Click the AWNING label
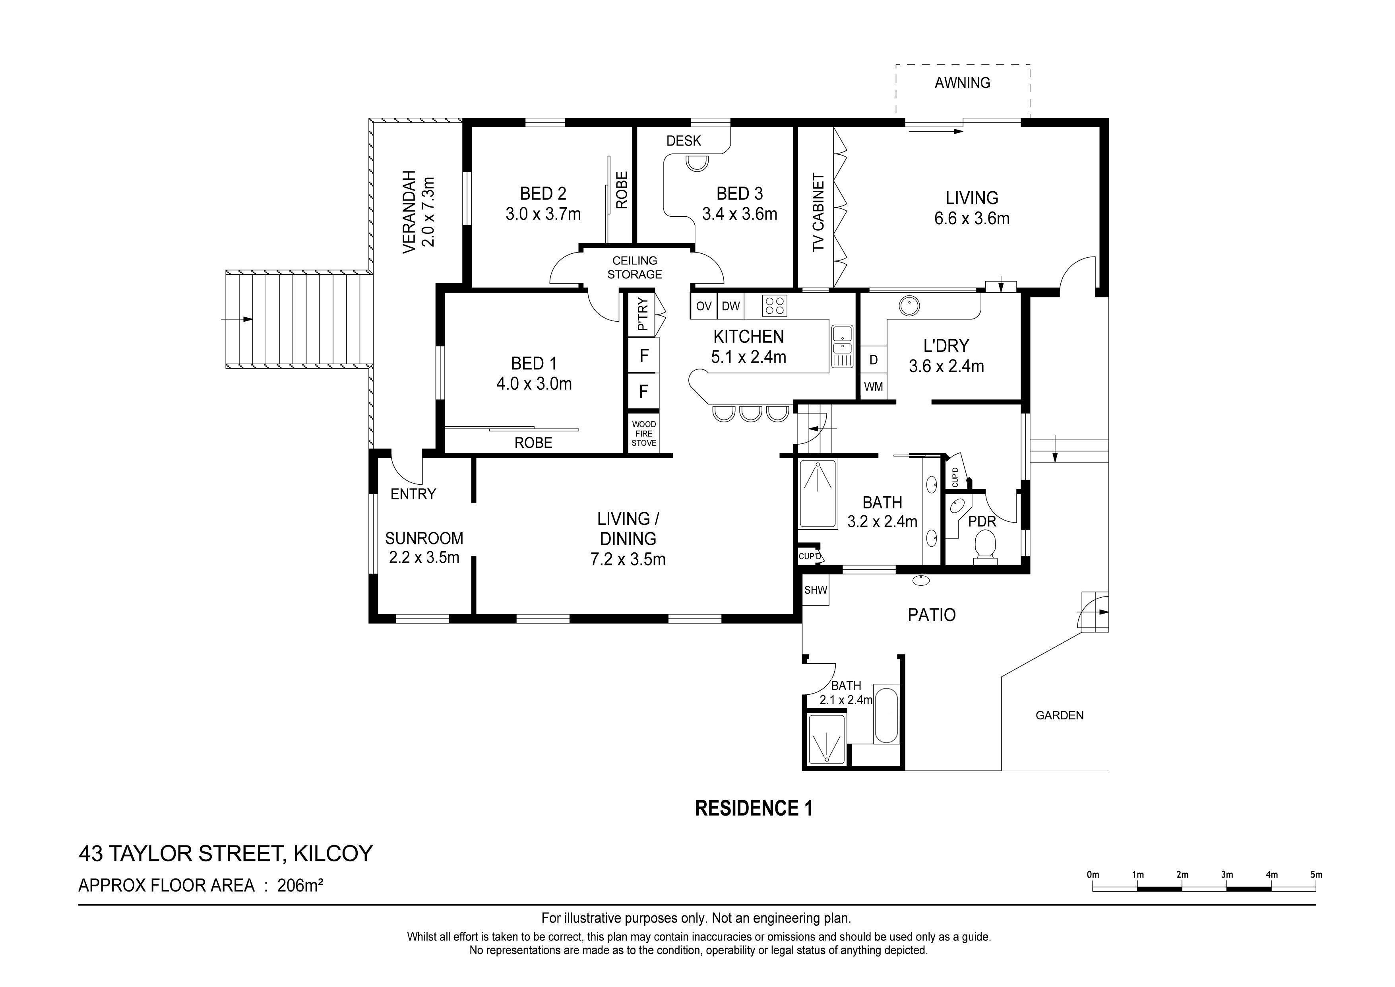(963, 83)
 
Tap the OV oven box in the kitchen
(703, 306)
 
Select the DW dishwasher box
(730, 306)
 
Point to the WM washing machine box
(873, 387)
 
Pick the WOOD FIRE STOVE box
(643, 434)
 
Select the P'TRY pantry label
(642, 314)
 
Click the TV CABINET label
(818, 212)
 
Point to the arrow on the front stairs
(238, 319)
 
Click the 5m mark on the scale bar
(1316, 875)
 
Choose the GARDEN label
(1060, 715)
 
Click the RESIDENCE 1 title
(754, 808)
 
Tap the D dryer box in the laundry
(873, 360)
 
